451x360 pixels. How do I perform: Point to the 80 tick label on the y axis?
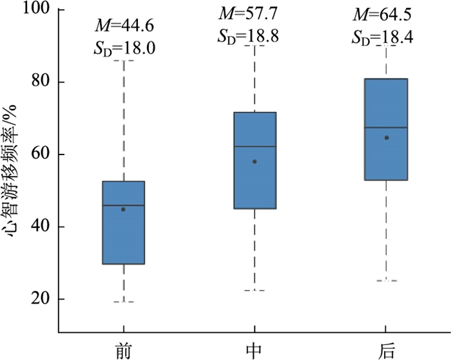point(41,83)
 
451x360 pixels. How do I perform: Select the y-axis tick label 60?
point(41,155)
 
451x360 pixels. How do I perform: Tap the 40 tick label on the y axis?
point(41,227)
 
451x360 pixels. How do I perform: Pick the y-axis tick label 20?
point(41,299)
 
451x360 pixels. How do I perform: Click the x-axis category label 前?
point(123,350)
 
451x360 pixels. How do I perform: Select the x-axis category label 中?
point(254,350)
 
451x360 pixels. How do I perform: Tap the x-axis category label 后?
point(386,350)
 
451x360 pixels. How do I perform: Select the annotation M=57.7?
point(254,12)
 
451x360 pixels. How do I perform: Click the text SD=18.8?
point(254,35)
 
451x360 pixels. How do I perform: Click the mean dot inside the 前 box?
point(123,209)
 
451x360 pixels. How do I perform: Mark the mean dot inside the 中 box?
point(254,162)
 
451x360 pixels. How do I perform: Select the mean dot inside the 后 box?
point(386,137)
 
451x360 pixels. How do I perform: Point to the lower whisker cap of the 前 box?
point(123,302)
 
